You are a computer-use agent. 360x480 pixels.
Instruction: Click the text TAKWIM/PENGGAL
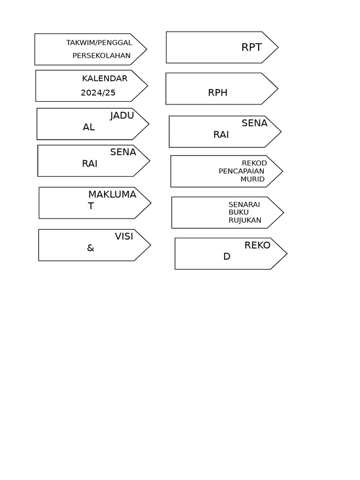coord(99,43)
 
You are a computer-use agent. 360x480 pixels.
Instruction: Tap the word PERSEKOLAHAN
coord(101,55)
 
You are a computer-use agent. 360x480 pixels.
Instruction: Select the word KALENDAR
coord(105,78)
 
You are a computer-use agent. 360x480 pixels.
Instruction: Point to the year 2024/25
coord(98,93)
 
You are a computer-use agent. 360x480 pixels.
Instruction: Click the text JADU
coord(122,116)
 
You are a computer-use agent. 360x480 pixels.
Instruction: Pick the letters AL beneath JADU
coord(89,127)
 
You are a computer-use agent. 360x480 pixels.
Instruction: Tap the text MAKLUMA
coord(112,195)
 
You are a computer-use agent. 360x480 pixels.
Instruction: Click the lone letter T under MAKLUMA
coord(91,206)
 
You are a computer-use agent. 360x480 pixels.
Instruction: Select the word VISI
coord(124,237)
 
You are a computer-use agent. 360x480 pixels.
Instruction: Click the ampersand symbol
coord(90,248)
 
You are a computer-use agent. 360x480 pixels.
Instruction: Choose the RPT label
coord(252,47)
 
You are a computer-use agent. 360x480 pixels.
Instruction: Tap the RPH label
coord(217,93)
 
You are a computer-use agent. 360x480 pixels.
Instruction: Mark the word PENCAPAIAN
coord(241,171)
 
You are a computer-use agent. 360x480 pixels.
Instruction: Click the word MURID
coord(252,179)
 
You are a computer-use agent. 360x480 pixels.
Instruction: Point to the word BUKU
coord(239,212)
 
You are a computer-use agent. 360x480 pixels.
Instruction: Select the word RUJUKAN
coord(245,220)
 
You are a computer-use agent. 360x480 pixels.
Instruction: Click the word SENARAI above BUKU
coord(244,204)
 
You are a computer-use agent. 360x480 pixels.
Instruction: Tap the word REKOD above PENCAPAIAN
coord(254,163)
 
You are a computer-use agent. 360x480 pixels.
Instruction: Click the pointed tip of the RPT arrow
coord(277,47)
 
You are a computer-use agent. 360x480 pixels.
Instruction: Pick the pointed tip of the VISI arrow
coord(150,245)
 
